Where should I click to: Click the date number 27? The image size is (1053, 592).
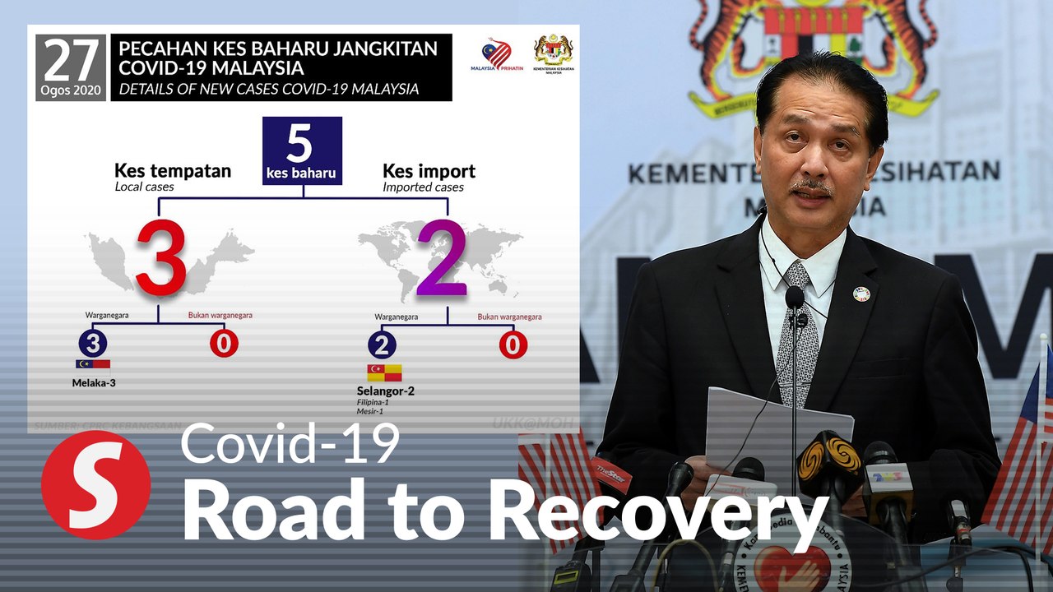point(71,60)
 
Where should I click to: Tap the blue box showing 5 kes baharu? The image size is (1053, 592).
point(302,150)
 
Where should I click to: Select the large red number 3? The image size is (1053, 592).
point(161,258)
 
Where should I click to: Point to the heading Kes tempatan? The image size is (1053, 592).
point(173,171)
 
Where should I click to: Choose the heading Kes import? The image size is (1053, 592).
point(429,171)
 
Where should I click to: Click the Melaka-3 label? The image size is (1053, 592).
point(94,382)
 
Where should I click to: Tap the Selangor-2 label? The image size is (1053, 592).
point(385,391)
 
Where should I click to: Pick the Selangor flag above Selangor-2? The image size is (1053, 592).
point(384,372)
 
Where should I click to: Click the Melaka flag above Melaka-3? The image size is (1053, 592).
point(93,366)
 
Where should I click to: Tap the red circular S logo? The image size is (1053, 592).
point(96,485)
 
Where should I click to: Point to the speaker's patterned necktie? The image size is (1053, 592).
point(797,329)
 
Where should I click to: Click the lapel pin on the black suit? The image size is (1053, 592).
point(860,294)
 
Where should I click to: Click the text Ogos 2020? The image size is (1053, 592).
point(71,89)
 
